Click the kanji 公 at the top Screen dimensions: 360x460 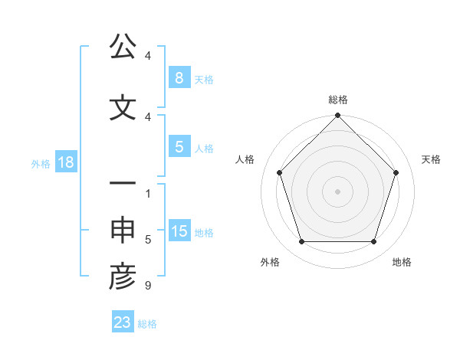pos(123,47)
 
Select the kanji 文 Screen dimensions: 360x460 pos(123,108)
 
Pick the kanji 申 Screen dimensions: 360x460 pos(123,231)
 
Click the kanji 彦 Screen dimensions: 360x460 pos(123,277)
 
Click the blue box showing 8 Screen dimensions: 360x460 pos(179,77)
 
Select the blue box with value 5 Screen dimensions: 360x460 pos(179,147)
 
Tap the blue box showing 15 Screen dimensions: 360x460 pos(179,231)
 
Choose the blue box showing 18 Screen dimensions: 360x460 pos(65,162)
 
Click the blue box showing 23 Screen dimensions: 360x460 pos(123,322)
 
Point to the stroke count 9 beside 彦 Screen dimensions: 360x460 pos(147,286)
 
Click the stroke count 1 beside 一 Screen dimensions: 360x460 pos(147,193)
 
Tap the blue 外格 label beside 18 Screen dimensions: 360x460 pos(41,163)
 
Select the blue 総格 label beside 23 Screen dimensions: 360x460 pos(147,323)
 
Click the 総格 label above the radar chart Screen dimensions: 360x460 pos(338,100)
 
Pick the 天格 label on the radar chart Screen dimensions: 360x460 pos(432,159)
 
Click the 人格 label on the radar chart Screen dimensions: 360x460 pos(245,159)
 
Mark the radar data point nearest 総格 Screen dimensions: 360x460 pos(338,116)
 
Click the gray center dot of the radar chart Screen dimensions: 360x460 pos(338,191)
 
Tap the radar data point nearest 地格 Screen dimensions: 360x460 pos(374,242)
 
